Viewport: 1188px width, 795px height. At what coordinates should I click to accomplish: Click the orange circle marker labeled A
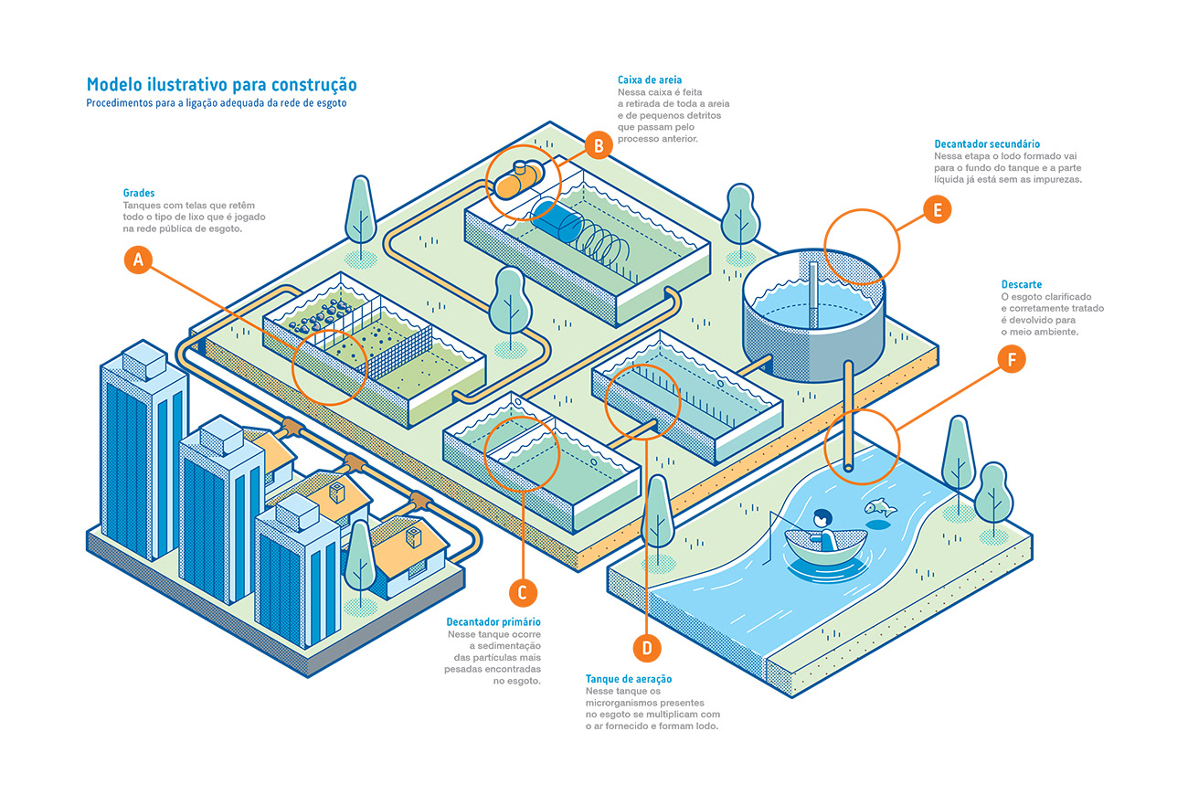tap(139, 260)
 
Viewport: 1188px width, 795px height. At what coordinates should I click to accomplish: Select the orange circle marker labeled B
tap(598, 144)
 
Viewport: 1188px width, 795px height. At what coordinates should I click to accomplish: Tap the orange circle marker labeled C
tap(522, 592)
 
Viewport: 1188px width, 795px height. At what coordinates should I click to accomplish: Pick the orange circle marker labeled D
tap(647, 648)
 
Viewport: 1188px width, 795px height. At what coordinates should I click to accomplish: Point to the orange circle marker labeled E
tap(937, 210)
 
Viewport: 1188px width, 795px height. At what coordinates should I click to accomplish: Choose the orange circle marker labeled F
tap(1012, 360)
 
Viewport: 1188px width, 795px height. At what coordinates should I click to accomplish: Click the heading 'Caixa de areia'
tap(649, 80)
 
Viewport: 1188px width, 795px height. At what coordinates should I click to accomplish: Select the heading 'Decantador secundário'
tap(987, 144)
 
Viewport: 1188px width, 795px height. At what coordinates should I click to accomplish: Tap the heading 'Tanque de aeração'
tap(629, 679)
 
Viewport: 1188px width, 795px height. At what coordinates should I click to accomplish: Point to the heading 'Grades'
tap(139, 194)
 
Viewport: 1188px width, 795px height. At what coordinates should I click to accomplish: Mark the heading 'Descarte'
tap(1022, 285)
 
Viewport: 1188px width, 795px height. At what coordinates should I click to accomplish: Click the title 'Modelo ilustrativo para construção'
tap(221, 85)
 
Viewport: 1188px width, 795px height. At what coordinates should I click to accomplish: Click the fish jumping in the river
tap(879, 507)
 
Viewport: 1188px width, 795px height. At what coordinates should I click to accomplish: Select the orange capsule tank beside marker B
tap(518, 179)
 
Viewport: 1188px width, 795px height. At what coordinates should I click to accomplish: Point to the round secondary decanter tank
tap(812, 311)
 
